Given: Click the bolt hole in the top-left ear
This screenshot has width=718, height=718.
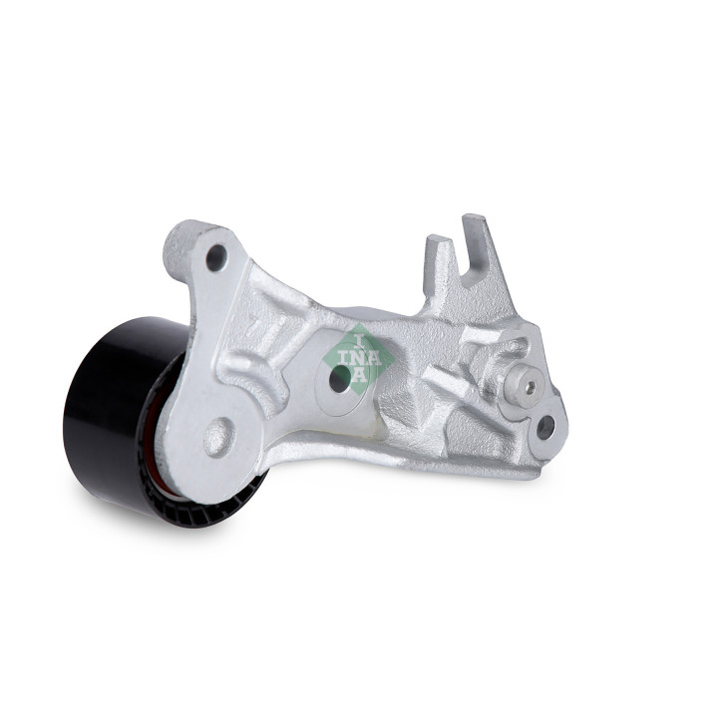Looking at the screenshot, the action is pyautogui.click(x=216, y=258).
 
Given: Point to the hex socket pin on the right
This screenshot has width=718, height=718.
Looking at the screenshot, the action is pyautogui.click(x=531, y=387).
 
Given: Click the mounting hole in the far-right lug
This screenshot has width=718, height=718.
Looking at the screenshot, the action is pyautogui.click(x=545, y=427).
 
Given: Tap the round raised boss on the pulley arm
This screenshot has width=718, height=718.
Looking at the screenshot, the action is pyautogui.click(x=218, y=438).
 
